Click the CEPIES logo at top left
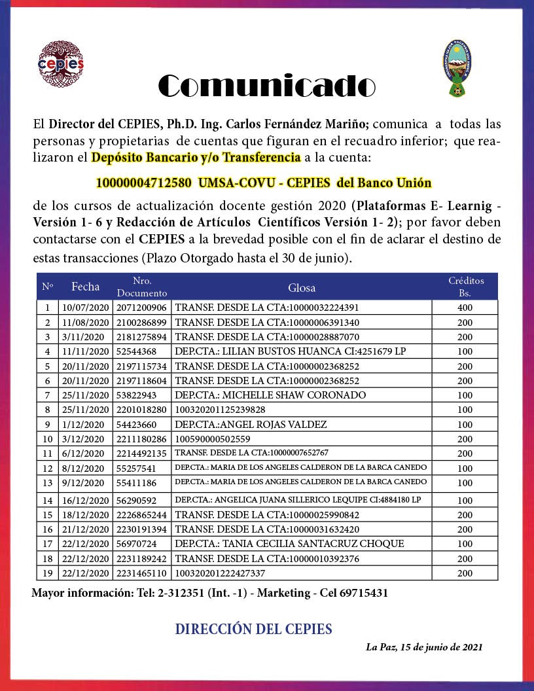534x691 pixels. (x=62, y=64)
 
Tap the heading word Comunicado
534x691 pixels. (x=267, y=86)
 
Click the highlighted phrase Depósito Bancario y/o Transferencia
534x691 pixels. (x=196, y=158)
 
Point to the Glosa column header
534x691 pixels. (x=302, y=287)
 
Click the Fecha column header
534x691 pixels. (x=86, y=287)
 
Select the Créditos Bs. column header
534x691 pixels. (x=466, y=287)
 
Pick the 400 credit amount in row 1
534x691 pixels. (x=465, y=308)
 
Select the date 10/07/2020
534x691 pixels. (x=86, y=308)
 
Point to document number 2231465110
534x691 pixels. (x=141, y=573)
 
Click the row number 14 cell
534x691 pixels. (x=47, y=500)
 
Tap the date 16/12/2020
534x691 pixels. (x=86, y=500)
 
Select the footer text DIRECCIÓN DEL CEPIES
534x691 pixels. (x=253, y=629)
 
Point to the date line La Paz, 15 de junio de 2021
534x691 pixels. (x=424, y=647)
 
